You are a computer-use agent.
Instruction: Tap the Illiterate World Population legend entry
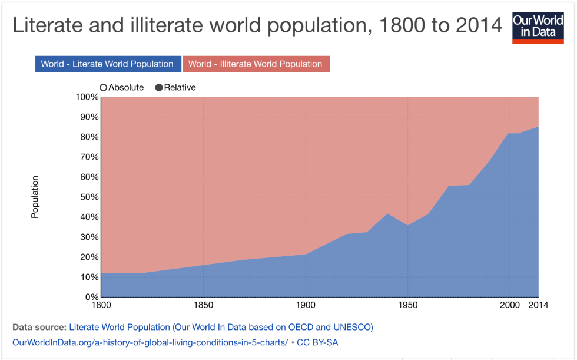pos(256,64)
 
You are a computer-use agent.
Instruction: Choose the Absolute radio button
pos(104,88)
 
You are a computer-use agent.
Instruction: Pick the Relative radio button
pos(159,88)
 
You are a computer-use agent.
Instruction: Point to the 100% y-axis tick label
pos(87,97)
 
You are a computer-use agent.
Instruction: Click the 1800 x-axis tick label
pos(101,305)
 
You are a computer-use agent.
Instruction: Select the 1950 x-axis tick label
pos(407,305)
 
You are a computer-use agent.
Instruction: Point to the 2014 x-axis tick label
pos(538,305)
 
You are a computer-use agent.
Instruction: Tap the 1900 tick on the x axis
pos(305,305)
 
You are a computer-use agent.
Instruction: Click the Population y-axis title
pos(35,197)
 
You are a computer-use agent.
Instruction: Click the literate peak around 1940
pos(386,214)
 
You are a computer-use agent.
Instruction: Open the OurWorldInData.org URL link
pos(150,342)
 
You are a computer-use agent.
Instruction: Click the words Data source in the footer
pos(39,326)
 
